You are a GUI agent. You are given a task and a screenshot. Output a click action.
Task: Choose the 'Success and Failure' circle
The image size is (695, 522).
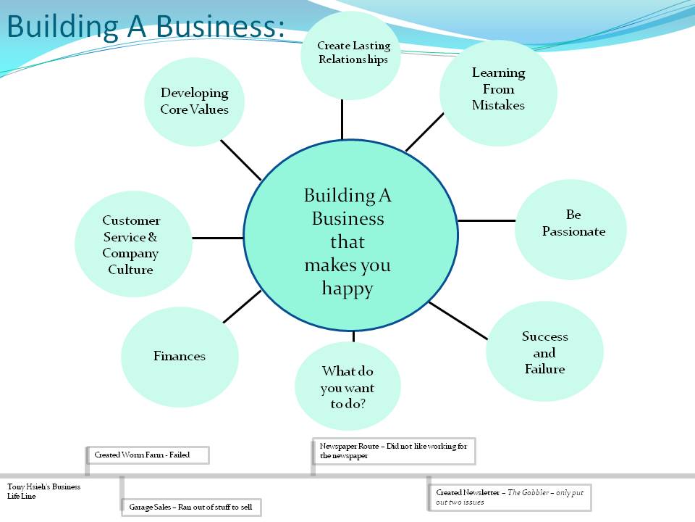pos(544,352)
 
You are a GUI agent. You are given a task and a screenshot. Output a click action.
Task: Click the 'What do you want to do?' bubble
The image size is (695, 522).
pos(347,387)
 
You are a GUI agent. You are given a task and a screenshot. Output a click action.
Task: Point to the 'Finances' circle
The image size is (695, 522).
pos(180,356)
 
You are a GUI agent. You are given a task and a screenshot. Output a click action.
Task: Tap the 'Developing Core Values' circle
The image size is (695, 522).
pos(194,101)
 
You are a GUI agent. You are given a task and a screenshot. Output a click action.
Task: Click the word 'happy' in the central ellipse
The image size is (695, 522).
pos(347,289)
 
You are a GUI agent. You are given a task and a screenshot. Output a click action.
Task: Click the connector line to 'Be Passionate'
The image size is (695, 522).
pos(486,220)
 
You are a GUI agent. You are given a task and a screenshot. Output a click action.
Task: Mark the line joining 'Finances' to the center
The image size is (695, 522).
pos(242,306)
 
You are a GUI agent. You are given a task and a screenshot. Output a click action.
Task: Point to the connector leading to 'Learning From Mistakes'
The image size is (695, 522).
pos(424,131)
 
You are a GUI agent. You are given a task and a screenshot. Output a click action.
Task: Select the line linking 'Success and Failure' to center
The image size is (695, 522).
pos(459,320)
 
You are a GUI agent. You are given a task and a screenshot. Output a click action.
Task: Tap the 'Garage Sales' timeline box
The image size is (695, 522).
pos(190,507)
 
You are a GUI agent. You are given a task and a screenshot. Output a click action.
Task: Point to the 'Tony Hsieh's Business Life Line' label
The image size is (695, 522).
pos(43,491)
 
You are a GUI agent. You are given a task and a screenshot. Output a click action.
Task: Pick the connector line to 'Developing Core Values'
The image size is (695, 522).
pos(241,159)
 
